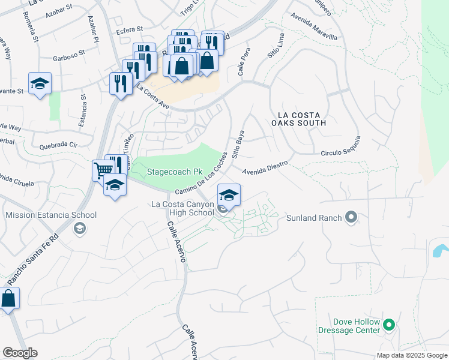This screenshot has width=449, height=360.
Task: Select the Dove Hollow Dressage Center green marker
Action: click(x=389, y=326)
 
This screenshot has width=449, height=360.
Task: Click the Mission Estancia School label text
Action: click(x=51, y=215)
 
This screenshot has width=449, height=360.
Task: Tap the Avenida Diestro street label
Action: click(x=265, y=165)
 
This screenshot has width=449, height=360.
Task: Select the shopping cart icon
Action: click(x=103, y=170)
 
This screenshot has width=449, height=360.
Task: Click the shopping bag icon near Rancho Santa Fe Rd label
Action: click(x=8, y=298)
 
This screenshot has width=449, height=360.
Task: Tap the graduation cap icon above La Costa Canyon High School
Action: click(x=228, y=194)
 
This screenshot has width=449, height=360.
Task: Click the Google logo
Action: click(x=19, y=353)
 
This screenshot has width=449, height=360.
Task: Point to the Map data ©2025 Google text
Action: click(x=411, y=355)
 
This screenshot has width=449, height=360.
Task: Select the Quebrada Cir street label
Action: click(x=58, y=145)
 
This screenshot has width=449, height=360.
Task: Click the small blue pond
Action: click(x=440, y=250)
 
